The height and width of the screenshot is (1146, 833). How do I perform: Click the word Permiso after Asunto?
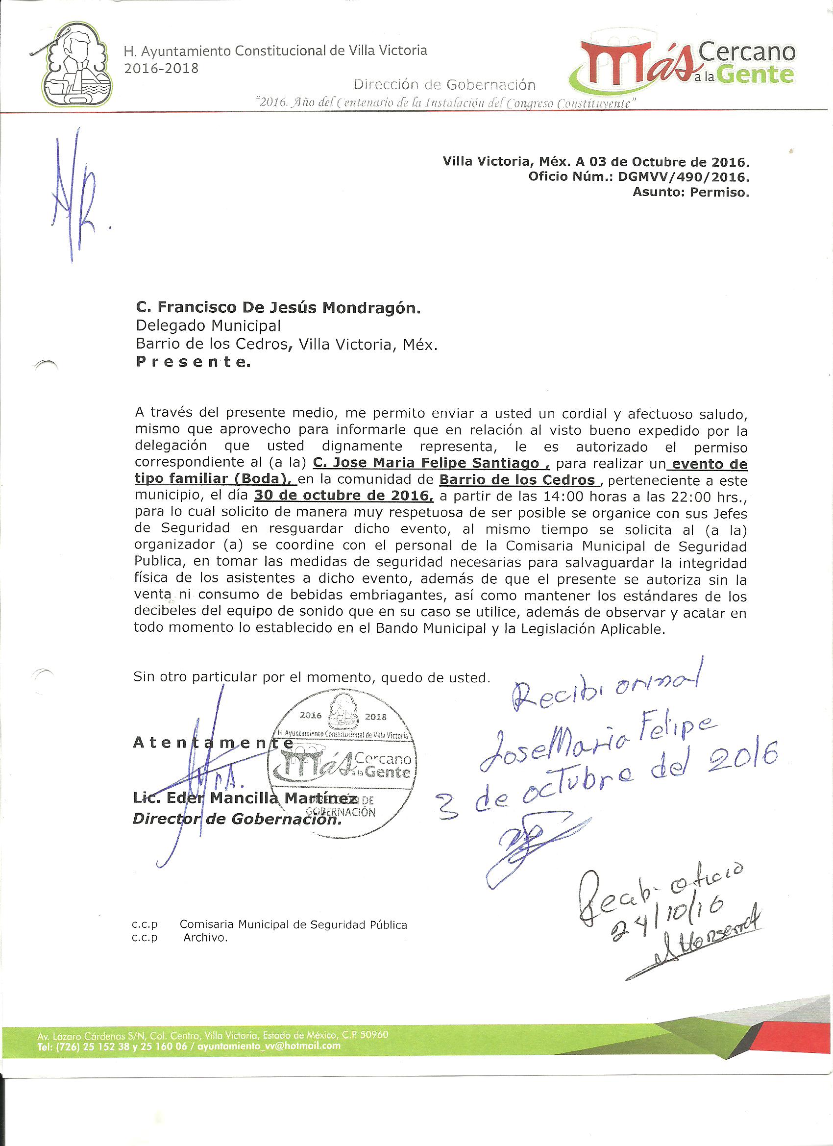[x=720, y=193]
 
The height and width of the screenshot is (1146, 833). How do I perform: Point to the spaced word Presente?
[x=193, y=362]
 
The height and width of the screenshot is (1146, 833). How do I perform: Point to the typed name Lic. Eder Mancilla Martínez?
[x=244, y=798]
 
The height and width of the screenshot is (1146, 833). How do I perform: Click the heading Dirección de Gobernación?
[x=444, y=84]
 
